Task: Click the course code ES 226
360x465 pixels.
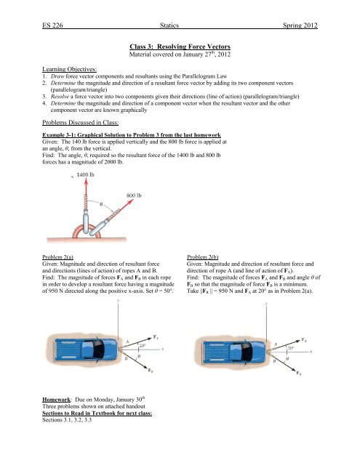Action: [x=52, y=25]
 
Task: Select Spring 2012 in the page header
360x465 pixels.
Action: [x=300, y=25]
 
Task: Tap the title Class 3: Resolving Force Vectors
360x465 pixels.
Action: [x=180, y=46]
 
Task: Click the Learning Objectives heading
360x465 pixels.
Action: [x=69, y=69]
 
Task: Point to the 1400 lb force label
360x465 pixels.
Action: [x=86, y=174]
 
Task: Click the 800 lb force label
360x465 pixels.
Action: [x=134, y=195]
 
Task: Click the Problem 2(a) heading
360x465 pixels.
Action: [x=58, y=257]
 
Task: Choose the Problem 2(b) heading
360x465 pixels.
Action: [x=202, y=257]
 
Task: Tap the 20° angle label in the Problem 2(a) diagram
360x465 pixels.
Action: [x=143, y=346]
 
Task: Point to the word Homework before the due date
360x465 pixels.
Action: [x=57, y=400]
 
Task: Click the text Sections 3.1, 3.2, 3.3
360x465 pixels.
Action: [x=67, y=420]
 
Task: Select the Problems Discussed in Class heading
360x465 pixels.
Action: [x=81, y=123]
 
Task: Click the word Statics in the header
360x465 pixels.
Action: [x=169, y=25]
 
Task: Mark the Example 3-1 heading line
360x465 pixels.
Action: [x=132, y=135]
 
